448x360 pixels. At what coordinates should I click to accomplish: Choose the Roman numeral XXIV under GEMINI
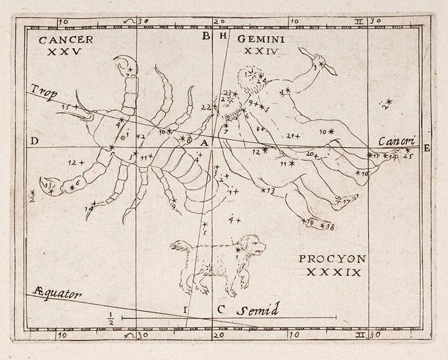point(259,51)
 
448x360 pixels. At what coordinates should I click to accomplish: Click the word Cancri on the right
point(396,141)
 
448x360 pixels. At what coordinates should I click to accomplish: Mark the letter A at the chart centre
point(204,143)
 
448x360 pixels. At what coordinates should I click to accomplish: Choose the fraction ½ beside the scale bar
point(110,317)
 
